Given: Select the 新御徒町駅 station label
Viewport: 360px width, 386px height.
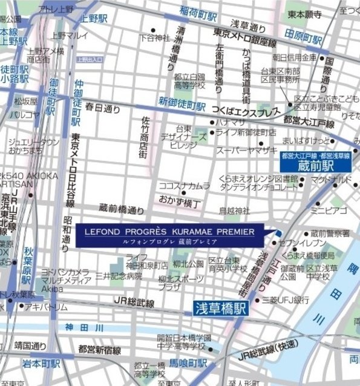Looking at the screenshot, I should (x=183, y=105).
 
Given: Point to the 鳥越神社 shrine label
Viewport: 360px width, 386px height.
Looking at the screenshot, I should (x=234, y=211).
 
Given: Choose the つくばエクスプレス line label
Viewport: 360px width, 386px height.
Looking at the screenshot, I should (x=246, y=111).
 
